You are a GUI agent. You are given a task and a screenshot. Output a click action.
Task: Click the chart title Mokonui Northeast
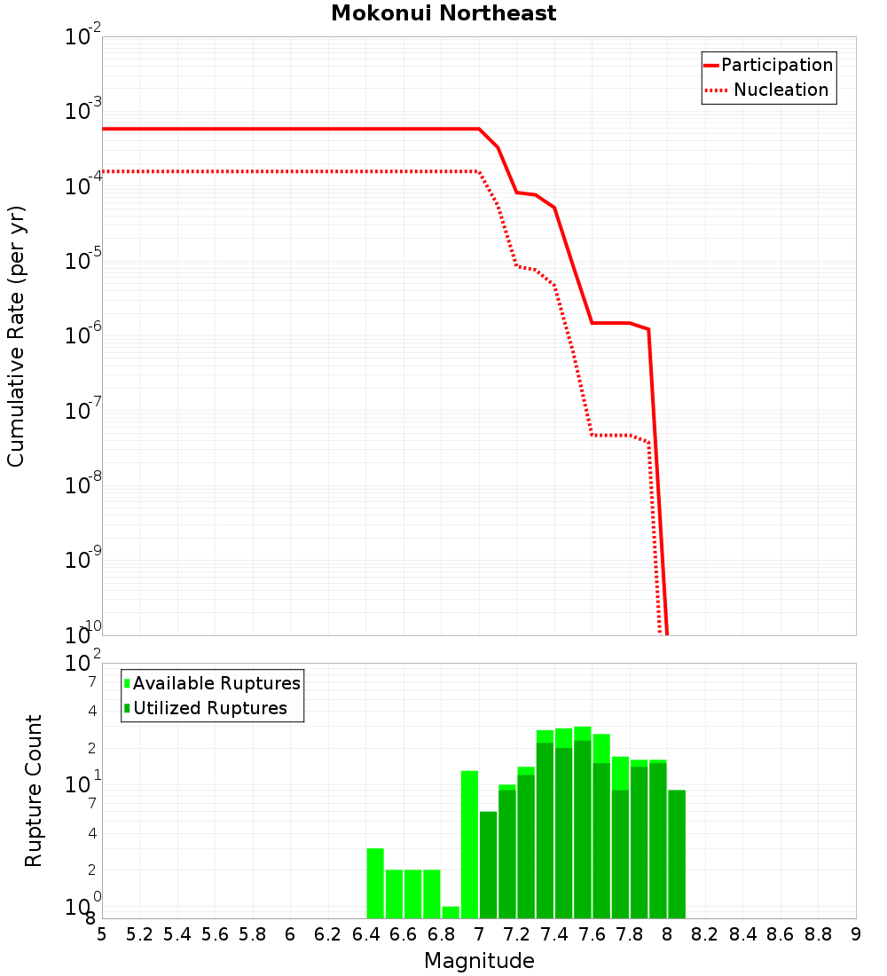tap(443, 14)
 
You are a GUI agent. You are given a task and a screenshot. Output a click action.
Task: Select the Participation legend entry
tap(768, 65)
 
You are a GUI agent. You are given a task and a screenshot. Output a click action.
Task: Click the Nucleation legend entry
tap(768, 91)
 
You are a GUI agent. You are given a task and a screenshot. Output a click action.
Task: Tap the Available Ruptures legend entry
tap(213, 683)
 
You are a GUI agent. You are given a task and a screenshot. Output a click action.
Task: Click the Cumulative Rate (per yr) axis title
tap(16, 336)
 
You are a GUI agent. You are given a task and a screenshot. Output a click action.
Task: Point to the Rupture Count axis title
tap(34, 791)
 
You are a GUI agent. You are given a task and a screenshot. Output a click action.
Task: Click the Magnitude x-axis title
tap(479, 961)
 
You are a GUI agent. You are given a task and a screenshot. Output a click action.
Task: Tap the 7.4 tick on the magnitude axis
tap(554, 934)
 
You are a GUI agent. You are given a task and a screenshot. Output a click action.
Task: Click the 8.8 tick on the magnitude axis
tap(818, 934)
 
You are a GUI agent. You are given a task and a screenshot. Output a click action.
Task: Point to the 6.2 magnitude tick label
tap(328, 934)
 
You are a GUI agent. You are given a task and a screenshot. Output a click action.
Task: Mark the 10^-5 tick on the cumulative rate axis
tap(84, 262)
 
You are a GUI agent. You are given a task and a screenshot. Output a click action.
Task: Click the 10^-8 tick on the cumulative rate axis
tap(84, 486)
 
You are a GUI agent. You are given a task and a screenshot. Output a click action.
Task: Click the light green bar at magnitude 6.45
tap(375, 883)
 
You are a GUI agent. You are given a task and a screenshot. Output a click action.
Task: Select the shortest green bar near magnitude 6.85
tap(451, 912)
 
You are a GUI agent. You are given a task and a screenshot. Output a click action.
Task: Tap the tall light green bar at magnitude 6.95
tap(469, 844)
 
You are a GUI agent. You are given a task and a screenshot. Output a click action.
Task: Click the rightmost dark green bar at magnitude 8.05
tap(677, 854)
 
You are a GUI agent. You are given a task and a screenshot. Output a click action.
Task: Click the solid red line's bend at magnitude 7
tap(479, 129)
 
